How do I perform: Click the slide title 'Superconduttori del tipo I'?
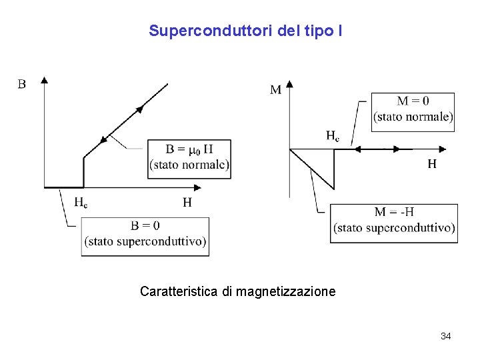(245, 31)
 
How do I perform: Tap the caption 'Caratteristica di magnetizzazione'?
(237, 291)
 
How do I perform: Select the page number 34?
(445, 336)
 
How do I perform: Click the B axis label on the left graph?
(22, 85)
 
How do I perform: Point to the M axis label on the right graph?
(275, 89)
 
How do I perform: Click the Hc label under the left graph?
(81, 202)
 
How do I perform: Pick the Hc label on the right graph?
(332, 136)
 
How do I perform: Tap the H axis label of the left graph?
(187, 202)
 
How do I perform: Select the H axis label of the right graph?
(432, 163)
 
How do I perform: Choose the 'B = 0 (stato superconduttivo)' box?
(145, 236)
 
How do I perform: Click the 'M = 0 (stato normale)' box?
(413, 112)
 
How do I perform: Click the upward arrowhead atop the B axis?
(45, 80)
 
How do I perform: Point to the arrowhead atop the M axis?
(289, 84)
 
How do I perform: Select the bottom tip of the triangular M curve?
(333, 189)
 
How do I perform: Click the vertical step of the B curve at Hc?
(83, 172)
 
